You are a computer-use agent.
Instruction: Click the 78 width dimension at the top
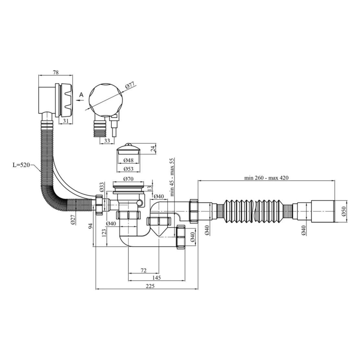point(56,72)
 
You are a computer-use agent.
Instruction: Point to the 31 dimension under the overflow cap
point(66,121)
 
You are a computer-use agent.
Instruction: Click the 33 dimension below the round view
point(107,140)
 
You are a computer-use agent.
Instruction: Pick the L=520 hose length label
point(21,165)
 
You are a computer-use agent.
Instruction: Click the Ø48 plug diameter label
point(128,160)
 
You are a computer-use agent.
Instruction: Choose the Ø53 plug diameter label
point(128,169)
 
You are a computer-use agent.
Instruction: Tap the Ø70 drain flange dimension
point(128,178)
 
